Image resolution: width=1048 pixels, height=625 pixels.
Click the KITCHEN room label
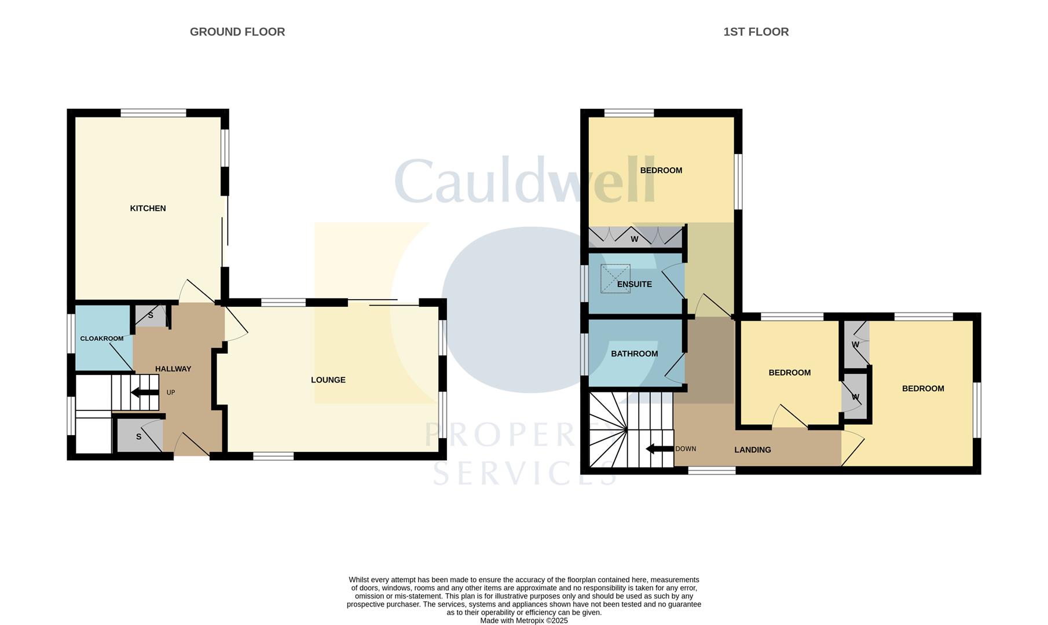(x=148, y=208)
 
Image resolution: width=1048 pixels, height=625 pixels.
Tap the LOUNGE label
(x=328, y=380)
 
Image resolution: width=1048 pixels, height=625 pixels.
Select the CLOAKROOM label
(x=101, y=339)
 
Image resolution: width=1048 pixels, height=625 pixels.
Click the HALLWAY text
(x=173, y=369)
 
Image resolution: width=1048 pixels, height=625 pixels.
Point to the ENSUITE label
(x=634, y=284)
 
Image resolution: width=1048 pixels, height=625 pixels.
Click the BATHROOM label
(x=634, y=354)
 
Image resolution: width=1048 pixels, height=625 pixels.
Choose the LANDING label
(x=752, y=450)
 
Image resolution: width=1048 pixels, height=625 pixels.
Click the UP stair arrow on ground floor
(x=145, y=392)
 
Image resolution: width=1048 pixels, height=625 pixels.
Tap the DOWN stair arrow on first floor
(x=659, y=448)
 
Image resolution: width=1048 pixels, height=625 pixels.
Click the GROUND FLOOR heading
(x=237, y=32)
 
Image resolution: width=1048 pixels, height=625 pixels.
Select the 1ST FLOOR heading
(x=756, y=32)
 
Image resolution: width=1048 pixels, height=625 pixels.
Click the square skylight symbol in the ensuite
(x=615, y=278)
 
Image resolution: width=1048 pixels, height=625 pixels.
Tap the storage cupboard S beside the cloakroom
(x=151, y=315)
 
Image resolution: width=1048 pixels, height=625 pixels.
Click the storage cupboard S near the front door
(x=139, y=436)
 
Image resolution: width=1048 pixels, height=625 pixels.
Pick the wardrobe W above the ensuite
(x=635, y=238)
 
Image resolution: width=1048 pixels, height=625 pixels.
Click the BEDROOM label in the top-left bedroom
(x=661, y=170)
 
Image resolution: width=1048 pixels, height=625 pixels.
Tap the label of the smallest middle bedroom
(x=789, y=373)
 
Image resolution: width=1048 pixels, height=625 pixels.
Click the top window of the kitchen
(x=153, y=113)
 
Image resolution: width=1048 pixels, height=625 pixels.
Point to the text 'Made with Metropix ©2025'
(x=523, y=620)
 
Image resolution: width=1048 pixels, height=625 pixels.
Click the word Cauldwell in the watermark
(x=525, y=181)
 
